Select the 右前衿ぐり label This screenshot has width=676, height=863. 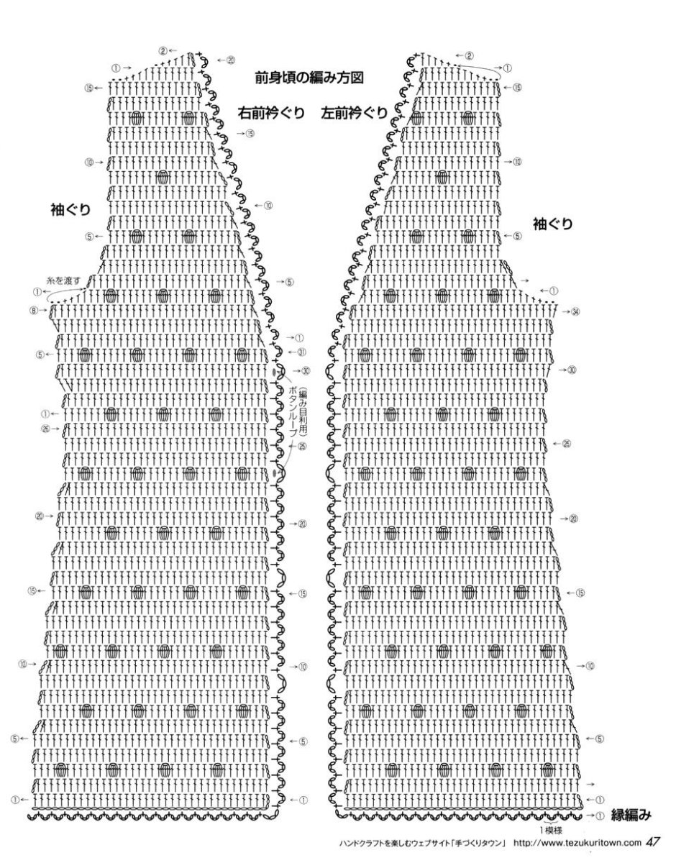tap(271, 113)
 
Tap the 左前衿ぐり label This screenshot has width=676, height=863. tap(355, 113)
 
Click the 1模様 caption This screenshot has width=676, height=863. tap(554, 830)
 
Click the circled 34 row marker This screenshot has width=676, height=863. tap(575, 311)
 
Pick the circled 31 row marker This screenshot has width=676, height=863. tap(302, 352)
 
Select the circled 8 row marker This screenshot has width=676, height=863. tap(33, 311)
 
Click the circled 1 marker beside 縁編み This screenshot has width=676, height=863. tap(600, 816)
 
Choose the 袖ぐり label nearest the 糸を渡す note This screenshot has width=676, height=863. tap(70, 210)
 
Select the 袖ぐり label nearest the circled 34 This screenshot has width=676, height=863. tap(552, 224)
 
